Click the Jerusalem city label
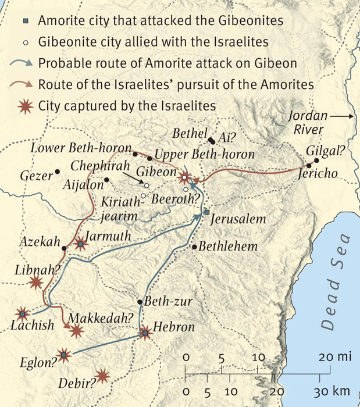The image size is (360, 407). [237, 220]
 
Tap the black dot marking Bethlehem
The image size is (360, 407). [194, 247]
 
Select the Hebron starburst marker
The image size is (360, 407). [145, 333]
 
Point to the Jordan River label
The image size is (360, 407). [308, 123]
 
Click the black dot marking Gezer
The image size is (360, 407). [58, 173]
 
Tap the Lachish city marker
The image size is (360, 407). [23, 314]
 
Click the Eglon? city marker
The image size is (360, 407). [63, 354]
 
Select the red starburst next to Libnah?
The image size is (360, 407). [36, 283]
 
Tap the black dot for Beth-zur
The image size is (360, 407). [140, 302]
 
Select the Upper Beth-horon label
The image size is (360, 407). [205, 155]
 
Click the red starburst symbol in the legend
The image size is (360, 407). [25, 106]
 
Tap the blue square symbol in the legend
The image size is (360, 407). [25, 22]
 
